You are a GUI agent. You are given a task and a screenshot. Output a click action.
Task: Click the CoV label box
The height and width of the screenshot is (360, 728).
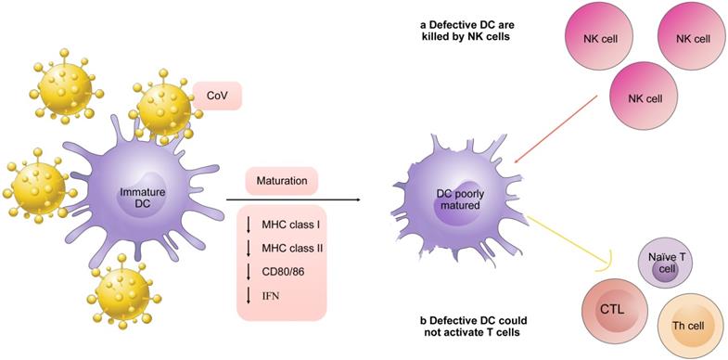(215, 95)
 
